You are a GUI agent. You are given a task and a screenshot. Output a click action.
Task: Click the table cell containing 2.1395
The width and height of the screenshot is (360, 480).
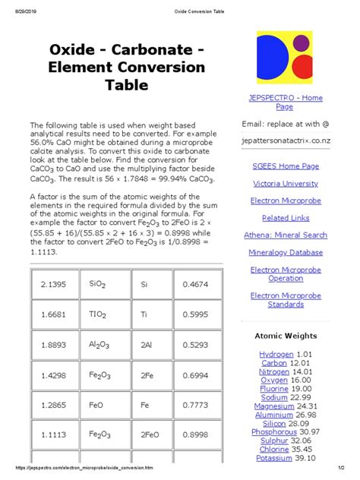coord(51,284)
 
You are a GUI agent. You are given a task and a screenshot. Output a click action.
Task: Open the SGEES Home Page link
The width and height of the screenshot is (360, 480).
coord(285,166)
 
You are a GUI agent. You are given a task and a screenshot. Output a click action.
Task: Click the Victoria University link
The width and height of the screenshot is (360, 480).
coord(285,183)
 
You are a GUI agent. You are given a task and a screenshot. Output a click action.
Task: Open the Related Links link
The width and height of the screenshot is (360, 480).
coord(285,218)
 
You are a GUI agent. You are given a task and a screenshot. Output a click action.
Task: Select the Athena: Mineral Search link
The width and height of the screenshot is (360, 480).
coord(285,235)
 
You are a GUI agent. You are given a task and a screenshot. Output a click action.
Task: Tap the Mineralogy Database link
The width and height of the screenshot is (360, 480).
coord(285,252)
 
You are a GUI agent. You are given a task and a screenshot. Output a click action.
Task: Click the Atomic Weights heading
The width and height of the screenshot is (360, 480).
coord(285,336)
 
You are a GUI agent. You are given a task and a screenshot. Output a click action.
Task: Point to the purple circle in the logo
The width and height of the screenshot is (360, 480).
coord(302,43)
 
